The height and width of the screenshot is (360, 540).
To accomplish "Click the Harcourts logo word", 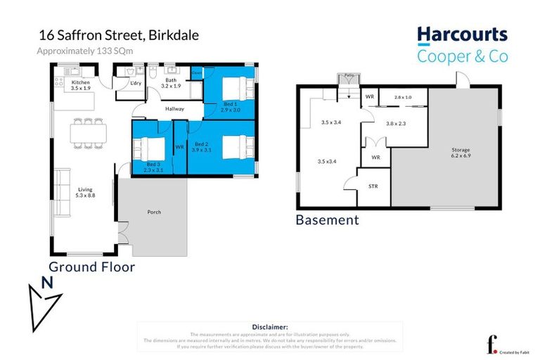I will click(x=462, y=34).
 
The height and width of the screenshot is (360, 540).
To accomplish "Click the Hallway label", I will click(x=174, y=109).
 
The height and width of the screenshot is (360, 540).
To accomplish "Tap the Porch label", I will click(x=154, y=212).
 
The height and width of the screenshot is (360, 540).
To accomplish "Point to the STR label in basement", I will click(x=373, y=187).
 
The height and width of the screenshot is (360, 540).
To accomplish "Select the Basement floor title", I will click(x=327, y=221).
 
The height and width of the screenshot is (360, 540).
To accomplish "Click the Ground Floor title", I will click(x=91, y=267).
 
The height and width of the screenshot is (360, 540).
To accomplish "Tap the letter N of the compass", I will click(x=47, y=284).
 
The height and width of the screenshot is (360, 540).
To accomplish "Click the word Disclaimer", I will click(x=269, y=327).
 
